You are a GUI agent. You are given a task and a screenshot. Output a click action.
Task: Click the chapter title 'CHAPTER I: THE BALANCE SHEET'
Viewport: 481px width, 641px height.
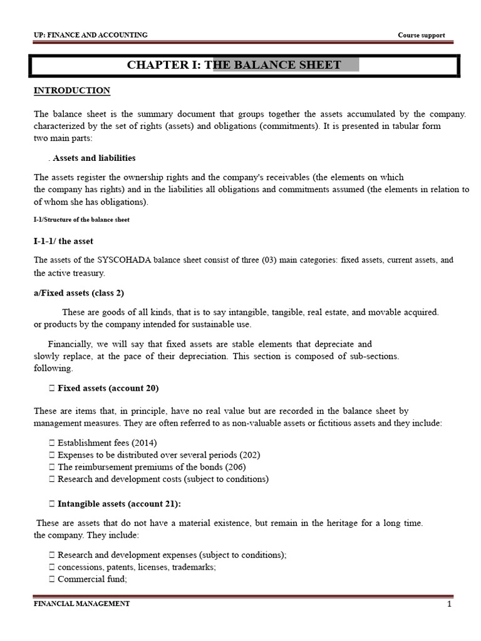234,65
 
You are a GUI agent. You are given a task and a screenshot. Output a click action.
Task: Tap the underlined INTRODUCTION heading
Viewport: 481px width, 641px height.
71,91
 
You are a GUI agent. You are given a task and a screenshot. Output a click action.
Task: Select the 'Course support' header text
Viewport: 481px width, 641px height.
422,36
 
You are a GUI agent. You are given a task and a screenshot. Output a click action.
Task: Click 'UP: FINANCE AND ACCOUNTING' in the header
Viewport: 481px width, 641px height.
90,36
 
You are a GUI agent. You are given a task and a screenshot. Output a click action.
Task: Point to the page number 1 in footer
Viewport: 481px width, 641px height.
449,604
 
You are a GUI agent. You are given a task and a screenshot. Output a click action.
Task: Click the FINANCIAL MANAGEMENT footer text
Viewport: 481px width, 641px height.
81,604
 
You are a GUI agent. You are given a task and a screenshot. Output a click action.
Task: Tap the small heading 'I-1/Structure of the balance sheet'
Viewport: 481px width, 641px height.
81,220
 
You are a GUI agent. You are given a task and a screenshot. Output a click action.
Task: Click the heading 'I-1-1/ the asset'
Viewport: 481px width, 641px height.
63,241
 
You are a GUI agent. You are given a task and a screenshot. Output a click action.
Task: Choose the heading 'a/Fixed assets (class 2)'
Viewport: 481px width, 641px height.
83,293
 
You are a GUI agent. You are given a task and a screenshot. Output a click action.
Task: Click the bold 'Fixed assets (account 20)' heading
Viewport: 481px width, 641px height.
108,388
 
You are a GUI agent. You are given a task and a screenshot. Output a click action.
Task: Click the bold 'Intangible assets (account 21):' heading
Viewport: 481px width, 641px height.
119,503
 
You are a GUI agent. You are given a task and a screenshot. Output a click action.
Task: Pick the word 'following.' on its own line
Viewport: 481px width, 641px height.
53,368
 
